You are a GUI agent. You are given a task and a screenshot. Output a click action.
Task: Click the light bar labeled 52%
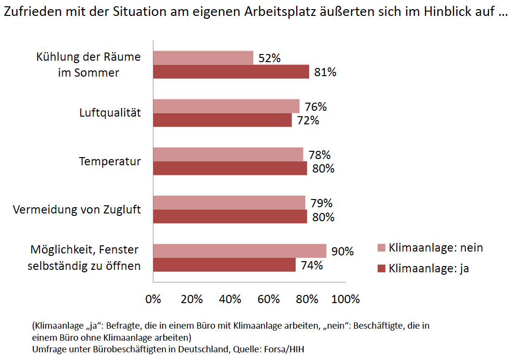(x=203, y=58)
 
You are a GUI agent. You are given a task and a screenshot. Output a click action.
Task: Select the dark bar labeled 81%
(x=231, y=72)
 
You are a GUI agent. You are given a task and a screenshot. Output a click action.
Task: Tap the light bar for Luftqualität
(x=226, y=106)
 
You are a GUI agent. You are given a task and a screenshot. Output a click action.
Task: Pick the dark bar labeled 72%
(x=222, y=120)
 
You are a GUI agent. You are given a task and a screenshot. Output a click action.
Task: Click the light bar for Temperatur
(x=228, y=155)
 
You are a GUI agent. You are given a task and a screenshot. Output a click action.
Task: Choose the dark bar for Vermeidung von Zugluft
(x=230, y=217)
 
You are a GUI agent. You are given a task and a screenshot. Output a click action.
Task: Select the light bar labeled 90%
(x=240, y=251)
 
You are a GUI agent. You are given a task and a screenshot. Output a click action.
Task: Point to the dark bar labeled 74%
(x=224, y=265)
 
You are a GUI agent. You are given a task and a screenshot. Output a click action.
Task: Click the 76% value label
(x=315, y=107)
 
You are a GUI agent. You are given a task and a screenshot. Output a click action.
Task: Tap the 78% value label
(x=319, y=155)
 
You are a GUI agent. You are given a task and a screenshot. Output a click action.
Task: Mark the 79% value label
(x=321, y=203)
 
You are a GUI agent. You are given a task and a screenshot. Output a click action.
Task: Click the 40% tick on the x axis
(x=230, y=299)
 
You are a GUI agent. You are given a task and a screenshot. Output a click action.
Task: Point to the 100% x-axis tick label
(x=345, y=299)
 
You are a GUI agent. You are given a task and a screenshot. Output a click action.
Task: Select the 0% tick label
(x=153, y=299)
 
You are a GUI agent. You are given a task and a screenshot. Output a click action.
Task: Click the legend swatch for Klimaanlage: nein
(x=381, y=248)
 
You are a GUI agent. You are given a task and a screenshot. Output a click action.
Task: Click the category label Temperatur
(x=110, y=161)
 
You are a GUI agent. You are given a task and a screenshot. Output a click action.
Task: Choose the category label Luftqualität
(x=110, y=113)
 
